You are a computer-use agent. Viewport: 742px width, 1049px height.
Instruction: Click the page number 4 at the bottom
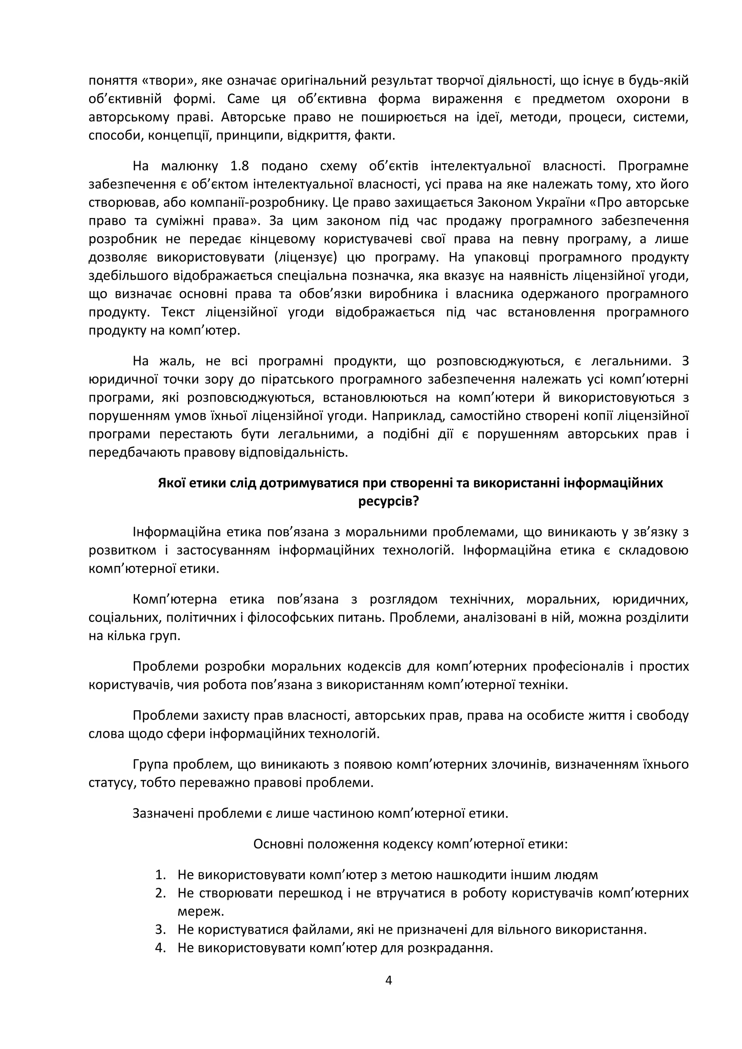coord(389,981)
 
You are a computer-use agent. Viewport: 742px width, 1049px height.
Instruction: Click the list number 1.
coord(160,874)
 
